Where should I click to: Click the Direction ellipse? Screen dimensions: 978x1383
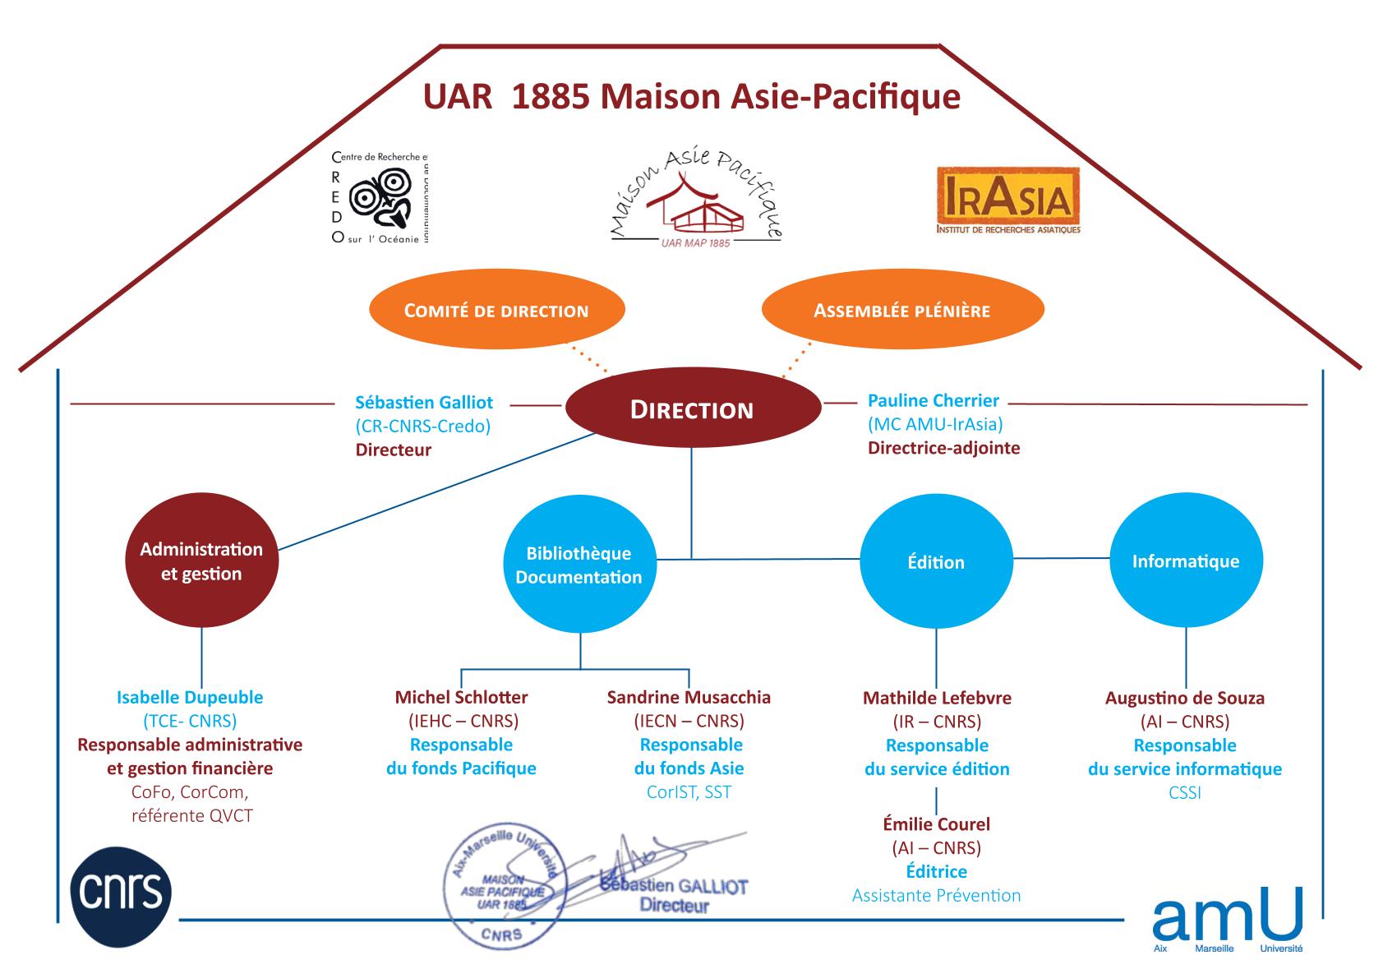tap(692, 409)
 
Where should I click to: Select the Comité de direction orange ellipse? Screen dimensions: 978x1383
tap(496, 311)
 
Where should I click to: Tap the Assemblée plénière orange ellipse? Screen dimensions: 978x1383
tap(901, 311)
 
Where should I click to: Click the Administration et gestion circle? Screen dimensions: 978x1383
tap(201, 561)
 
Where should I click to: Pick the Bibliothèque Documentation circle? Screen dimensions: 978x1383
tap(579, 564)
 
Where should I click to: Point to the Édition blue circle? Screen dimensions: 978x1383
tap(936, 562)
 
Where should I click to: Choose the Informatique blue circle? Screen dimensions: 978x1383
tap(1185, 561)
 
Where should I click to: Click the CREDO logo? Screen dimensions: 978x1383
tap(380, 198)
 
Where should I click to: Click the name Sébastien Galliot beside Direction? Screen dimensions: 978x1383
tap(424, 403)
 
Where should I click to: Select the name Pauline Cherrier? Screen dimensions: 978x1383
tap(934, 401)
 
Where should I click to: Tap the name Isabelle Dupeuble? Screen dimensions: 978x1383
tap(190, 698)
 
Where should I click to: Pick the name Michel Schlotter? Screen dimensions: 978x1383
tap(461, 698)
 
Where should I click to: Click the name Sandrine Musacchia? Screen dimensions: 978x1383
tap(689, 698)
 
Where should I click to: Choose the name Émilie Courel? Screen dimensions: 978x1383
tap(936, 824)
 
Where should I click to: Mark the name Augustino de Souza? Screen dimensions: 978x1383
tap(1184, 699)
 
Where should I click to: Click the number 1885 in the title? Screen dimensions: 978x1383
tap(549, 97)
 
